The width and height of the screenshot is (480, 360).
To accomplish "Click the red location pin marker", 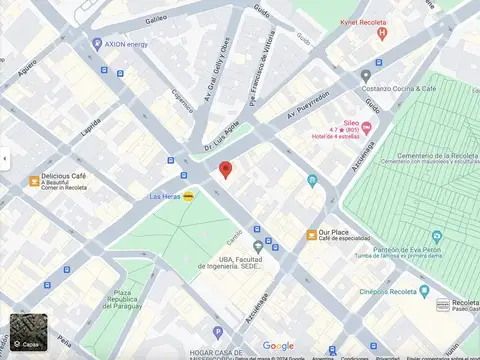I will [226, 170].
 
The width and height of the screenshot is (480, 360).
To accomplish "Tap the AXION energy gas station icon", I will [97, 44].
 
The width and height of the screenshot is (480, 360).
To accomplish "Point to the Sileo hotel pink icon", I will [366, 127].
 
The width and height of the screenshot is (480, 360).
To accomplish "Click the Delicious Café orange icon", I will [34, 181].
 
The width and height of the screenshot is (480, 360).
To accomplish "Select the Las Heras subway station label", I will [165, 197].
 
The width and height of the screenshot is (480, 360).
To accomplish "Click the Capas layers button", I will [26, 333].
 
